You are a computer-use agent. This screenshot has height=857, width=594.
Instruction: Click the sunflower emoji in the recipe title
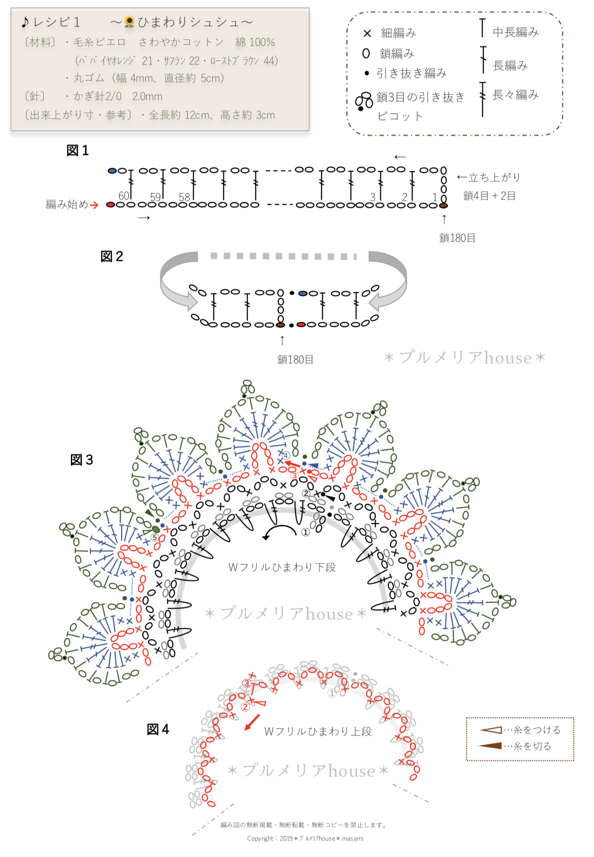point(129,22)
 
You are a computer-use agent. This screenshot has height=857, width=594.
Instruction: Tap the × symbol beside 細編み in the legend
point(367,33)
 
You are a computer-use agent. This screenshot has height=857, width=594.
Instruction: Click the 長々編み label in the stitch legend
point(515,95)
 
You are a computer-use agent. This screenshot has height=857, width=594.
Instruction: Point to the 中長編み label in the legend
point(515,32)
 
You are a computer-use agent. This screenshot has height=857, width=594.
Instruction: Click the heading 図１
point(78,150)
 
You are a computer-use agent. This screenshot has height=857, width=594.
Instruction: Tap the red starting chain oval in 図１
point(111,205)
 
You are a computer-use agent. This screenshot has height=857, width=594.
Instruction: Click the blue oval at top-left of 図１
point(112,170)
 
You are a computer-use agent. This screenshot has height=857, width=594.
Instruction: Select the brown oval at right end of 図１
point(444,205)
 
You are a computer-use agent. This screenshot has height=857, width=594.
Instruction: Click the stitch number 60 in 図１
point(124,196)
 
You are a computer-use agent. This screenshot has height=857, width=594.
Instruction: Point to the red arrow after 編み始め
point(94,205)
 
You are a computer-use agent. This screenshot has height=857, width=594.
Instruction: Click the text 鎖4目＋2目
point(489,196)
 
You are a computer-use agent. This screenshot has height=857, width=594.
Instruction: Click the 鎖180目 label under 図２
point(295,359)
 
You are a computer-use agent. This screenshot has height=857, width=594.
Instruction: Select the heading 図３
point(82,460)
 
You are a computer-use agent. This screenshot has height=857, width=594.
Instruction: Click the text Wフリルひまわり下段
point(282,567)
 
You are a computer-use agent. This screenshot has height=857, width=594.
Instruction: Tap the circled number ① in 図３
point(306,532)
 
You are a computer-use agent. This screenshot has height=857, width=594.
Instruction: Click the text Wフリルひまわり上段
point(318,732)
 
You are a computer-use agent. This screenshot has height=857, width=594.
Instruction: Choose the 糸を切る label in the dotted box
point(532,746)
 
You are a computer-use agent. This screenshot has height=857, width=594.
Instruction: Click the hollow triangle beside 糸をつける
point(491,730)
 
